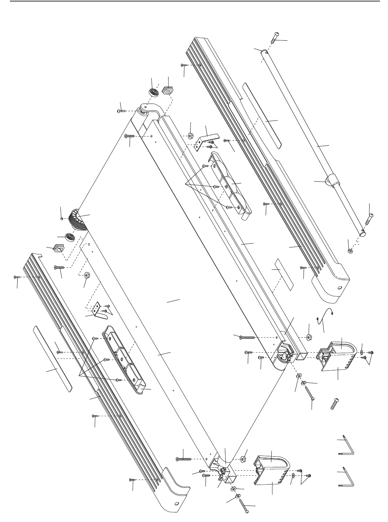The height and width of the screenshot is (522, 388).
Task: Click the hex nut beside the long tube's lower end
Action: [350, 251]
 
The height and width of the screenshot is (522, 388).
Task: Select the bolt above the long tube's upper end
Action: [275, 38]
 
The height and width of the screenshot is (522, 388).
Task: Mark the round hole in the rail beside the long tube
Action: [340, 287]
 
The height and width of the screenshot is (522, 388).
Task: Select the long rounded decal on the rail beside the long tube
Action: [262, 115]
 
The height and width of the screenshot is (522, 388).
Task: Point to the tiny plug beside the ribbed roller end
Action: [61, 218]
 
